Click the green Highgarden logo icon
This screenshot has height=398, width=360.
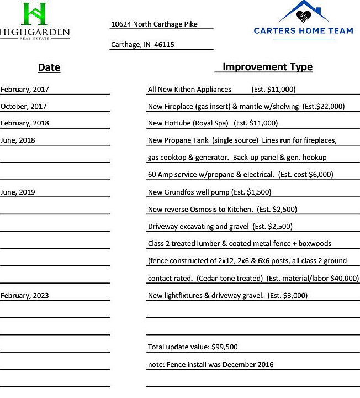(x=34, y=14)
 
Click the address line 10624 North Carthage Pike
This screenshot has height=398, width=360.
(x=154, y=24)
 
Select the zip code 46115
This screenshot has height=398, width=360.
(x=164, y=45)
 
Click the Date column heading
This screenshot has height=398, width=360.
(x=49, y=67)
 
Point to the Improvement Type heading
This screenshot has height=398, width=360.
(x=267, y=67)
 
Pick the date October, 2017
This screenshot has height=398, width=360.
(x=24, y=106)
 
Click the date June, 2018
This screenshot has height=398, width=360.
(x=18, y=140)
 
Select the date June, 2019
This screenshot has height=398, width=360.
(x=18, y=192)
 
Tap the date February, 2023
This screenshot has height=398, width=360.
(x=25, y=296)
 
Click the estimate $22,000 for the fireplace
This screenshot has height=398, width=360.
(x=331, y=106)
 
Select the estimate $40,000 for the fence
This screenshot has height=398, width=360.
(x=345, y=279)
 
